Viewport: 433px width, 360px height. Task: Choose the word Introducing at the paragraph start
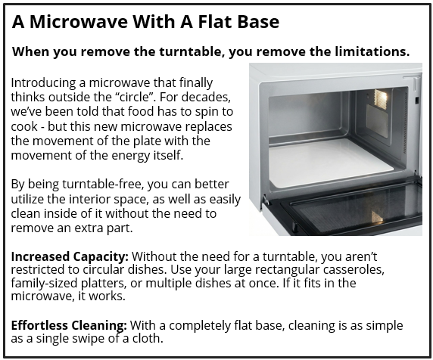46,83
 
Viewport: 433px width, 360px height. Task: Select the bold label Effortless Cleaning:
69,325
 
